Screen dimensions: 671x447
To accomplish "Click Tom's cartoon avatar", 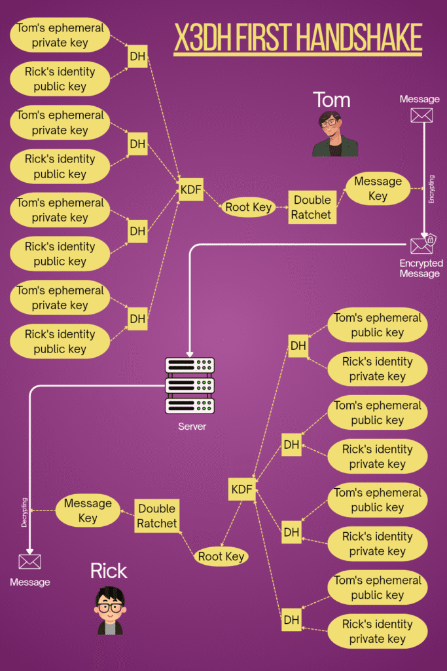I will tap(335, 134).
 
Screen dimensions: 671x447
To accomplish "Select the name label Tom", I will tap(331, 100).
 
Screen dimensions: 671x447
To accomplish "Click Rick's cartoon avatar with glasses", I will tap(109, 611).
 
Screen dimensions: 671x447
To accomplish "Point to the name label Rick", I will tap(109, 571).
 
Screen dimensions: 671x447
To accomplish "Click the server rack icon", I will tap(190, 385).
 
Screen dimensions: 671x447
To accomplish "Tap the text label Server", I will tap(192, 427).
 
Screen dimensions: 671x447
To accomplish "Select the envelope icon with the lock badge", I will tap(422, 245).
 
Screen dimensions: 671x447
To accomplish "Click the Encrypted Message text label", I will tap(421, 269).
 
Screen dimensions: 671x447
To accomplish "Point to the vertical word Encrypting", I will tap(431, 189).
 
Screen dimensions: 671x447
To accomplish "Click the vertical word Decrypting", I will tap(24, 513).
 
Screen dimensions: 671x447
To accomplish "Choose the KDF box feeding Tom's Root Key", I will tap(191, 191).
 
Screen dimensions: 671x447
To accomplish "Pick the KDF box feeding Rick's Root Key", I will tap(242, 489).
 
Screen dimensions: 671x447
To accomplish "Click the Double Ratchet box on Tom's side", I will tap(312, 207).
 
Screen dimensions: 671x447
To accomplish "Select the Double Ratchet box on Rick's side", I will tap(156, 516).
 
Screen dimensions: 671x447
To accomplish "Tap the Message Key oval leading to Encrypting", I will tap(378, 189).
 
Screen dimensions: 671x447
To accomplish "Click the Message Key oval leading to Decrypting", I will tap(88, 510).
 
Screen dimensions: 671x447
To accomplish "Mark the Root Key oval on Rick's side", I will tap(221, 556).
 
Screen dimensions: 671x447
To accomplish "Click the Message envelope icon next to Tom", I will tap(421, 115).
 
